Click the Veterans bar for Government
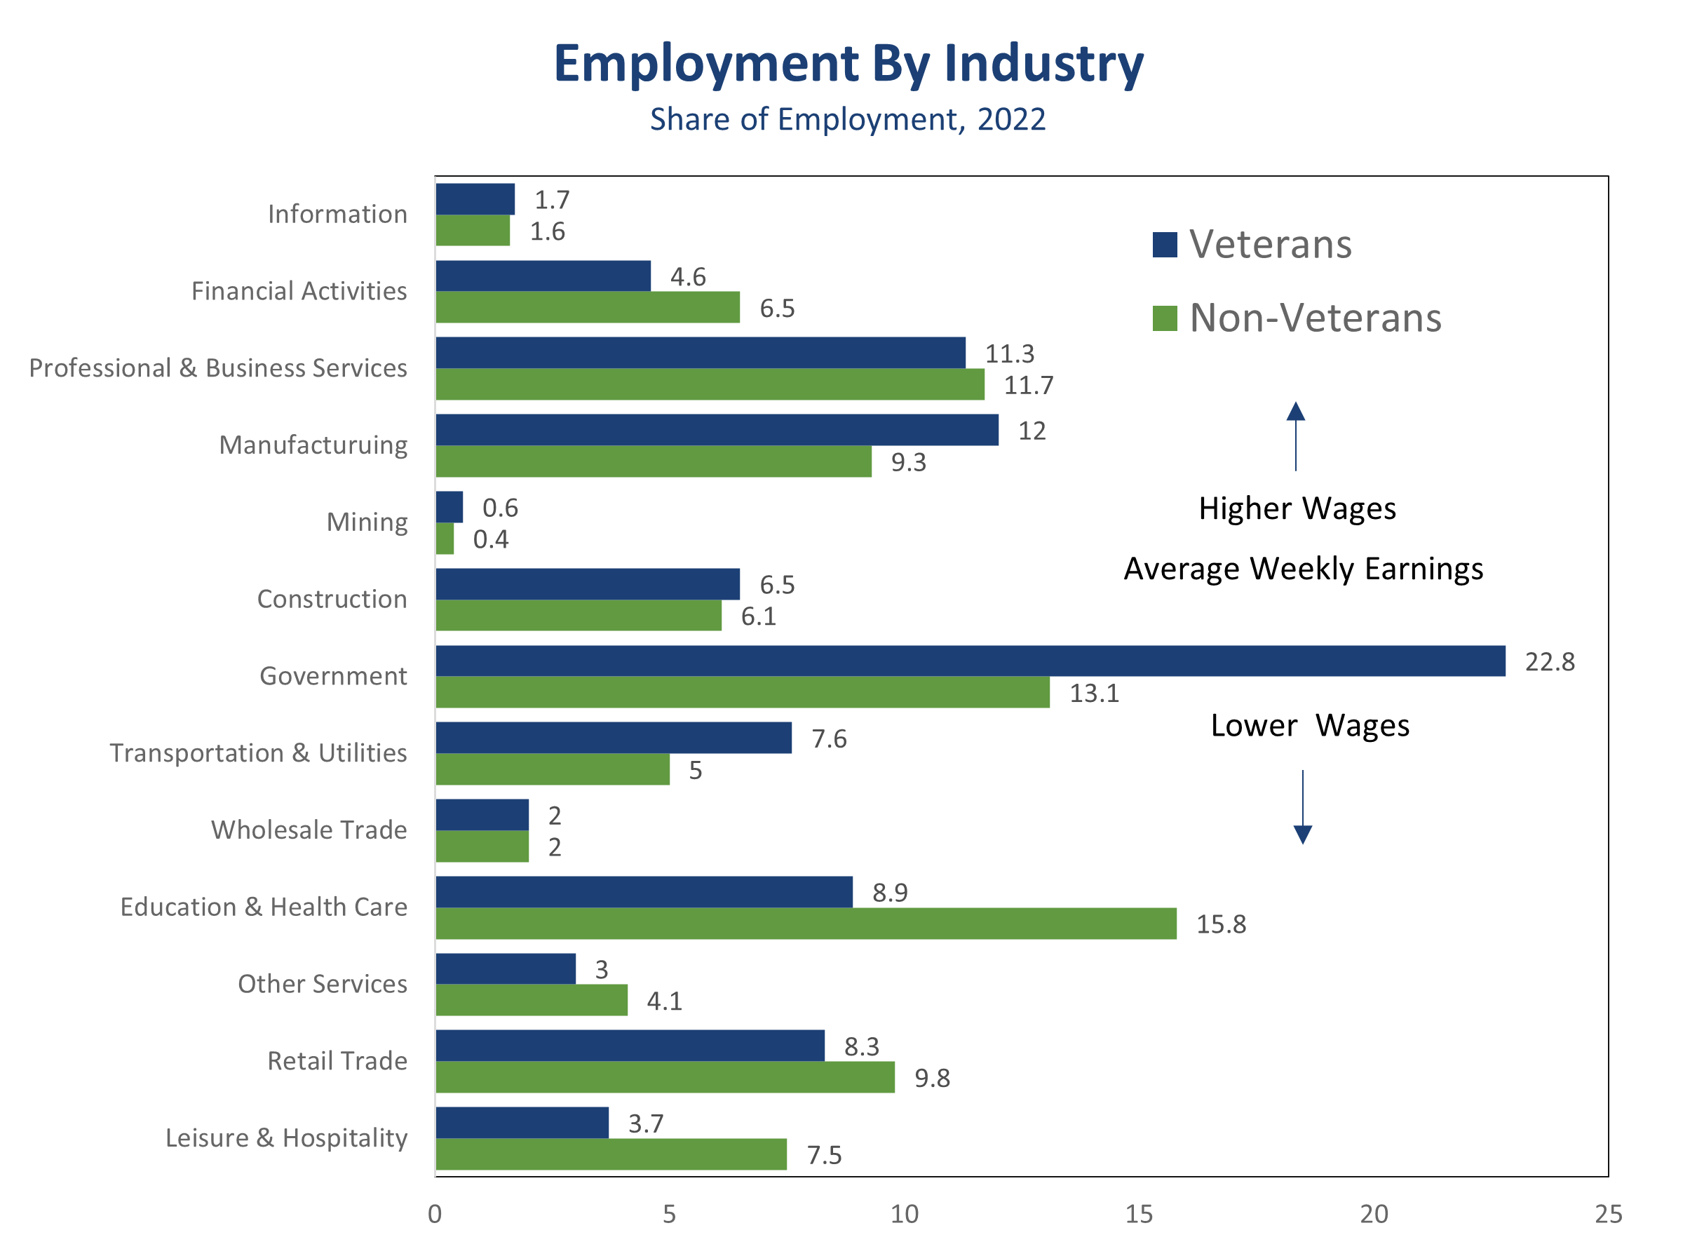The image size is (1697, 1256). coord(969,661)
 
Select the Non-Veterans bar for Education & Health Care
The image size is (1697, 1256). coord(806,923)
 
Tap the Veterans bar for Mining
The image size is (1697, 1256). coord(449,507)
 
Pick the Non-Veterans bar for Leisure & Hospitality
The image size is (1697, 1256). coord(611,1154)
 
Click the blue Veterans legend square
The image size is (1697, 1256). coord(1164,245)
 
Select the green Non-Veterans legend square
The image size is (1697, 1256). coord(1164,318)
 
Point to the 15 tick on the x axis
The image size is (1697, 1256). coord(1139,1214)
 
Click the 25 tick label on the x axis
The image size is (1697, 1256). coord(1608,1214)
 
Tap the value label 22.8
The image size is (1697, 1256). coord(1550,662)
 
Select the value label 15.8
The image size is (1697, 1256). coord(1221,924)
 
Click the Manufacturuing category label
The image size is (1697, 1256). coord(313,445)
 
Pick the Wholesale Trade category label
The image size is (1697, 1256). coord(309,830)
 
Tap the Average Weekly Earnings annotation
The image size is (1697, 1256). coord(1303,569)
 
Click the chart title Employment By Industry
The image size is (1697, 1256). coord(848,63)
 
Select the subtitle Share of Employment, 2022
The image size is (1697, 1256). coord(848,119)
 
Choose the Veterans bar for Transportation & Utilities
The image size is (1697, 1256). coord(614,738)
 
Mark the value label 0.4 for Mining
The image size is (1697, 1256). coord(490,540)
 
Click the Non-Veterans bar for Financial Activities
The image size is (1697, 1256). coord(588,307)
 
